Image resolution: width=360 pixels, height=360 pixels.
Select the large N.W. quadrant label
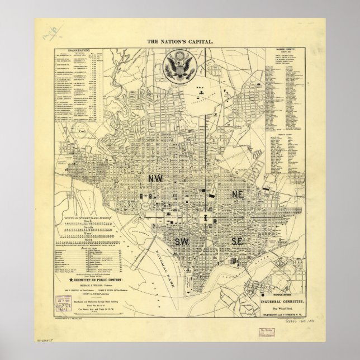pyautogui.click(x=155, y=178)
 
